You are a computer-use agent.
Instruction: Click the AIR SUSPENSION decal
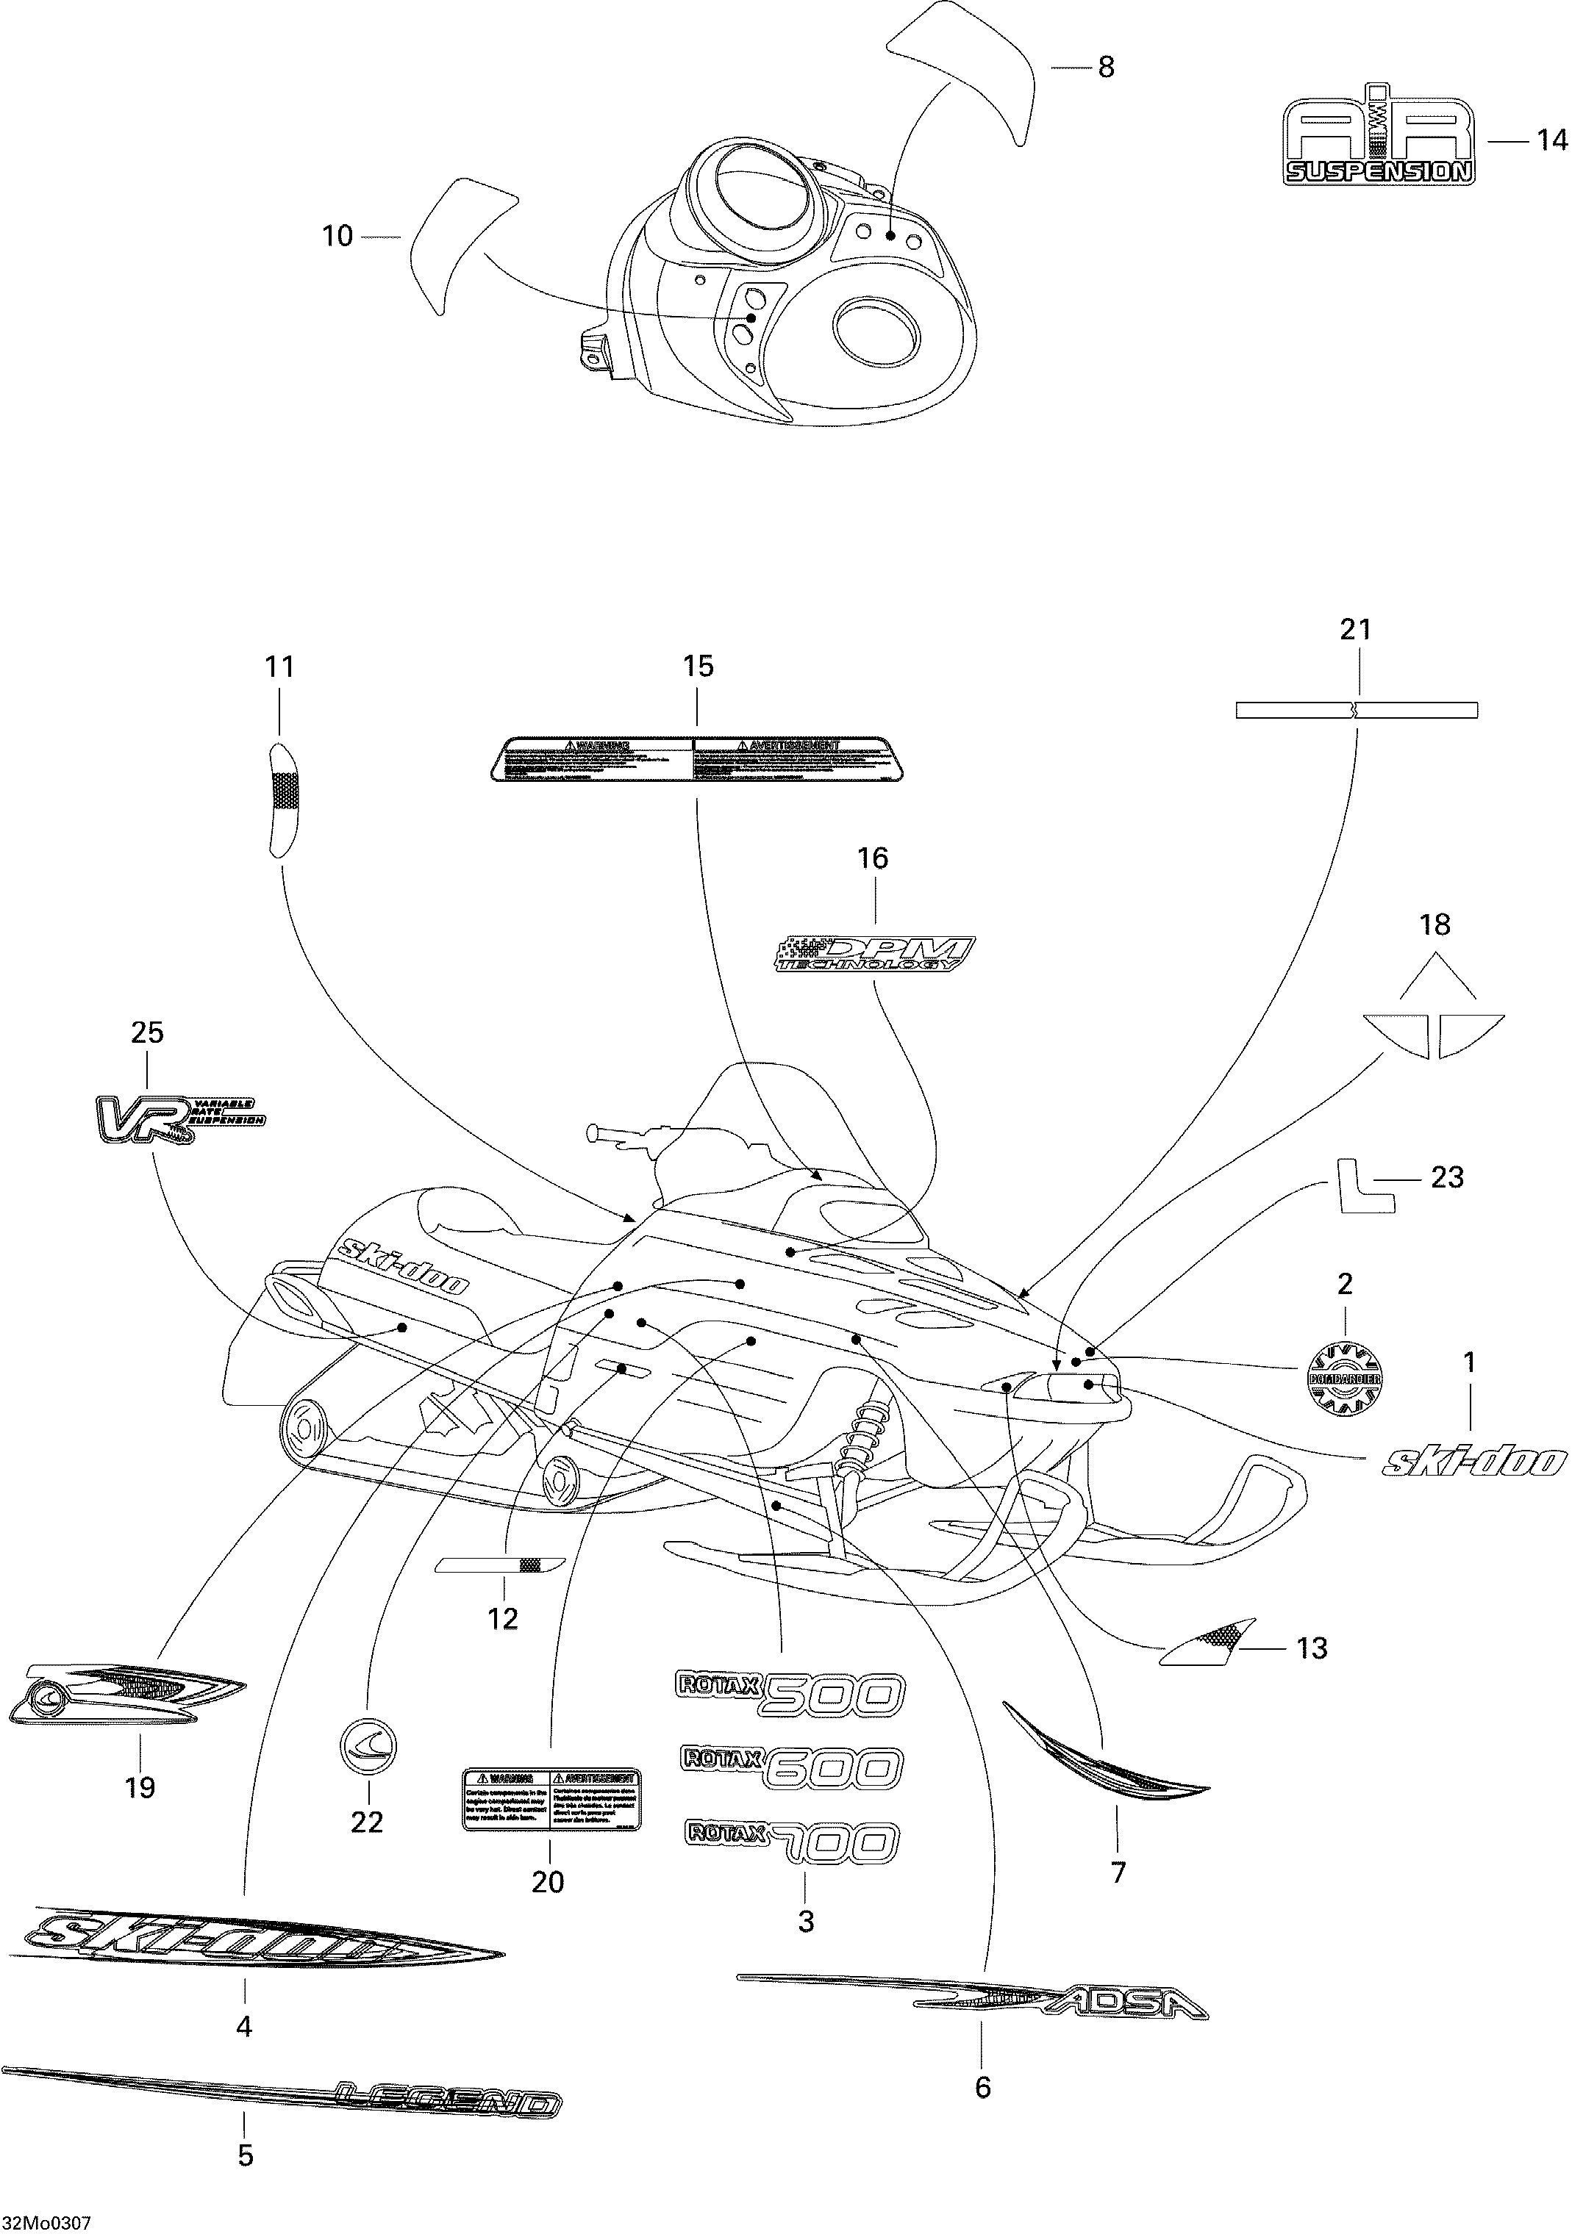pos(1377,141)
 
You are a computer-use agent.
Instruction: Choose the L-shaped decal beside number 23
pos(1365,1186)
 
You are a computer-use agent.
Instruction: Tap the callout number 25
pos(147,1032)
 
